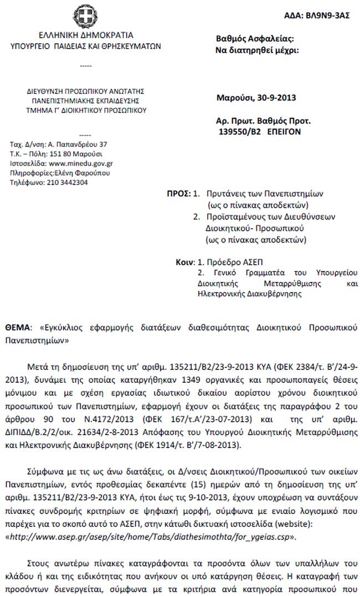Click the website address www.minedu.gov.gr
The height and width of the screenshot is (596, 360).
(81, 164)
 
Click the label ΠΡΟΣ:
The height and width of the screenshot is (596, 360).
(178, 194)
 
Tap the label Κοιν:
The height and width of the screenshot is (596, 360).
(185, 261)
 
